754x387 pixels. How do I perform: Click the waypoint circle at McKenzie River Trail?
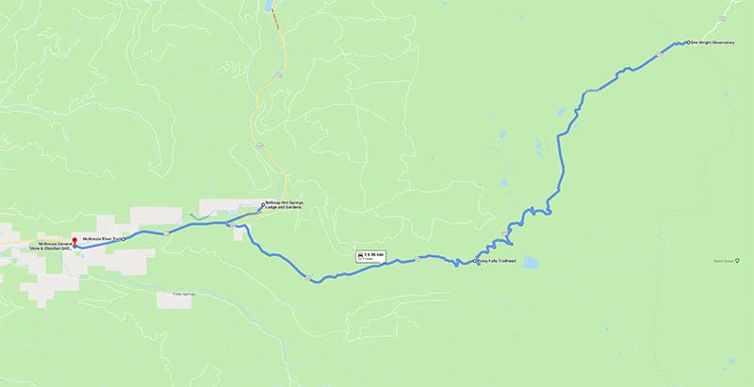tap(124, 239)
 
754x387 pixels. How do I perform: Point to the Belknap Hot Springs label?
tap(284, 207)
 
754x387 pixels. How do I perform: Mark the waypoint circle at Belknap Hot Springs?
tap(263, 204)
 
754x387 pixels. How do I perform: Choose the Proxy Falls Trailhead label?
tap(496, 262)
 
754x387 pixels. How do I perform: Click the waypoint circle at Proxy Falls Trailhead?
tap(475, 262)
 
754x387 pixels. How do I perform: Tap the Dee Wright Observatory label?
tap(712, 42)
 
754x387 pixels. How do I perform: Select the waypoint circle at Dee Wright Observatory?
tap(688, 42)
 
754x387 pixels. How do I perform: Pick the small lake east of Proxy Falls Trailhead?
tap(528, 263)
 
